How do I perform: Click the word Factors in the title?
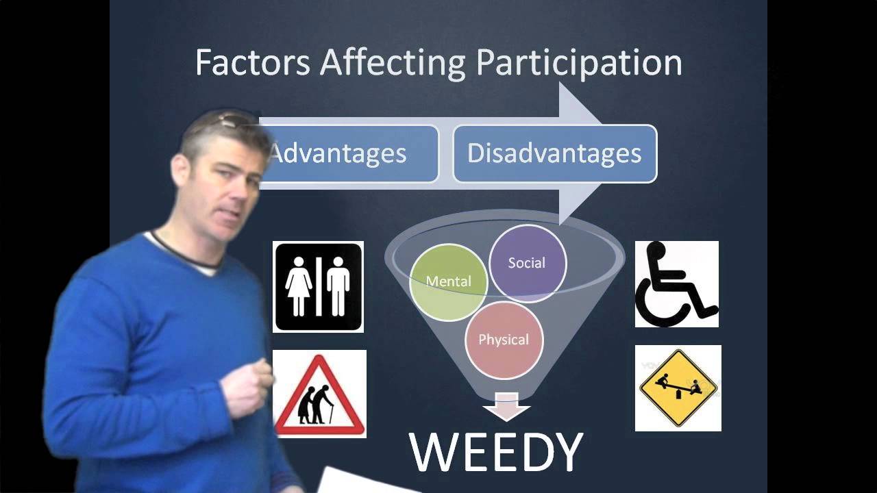coord(253,62)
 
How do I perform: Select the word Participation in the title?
coord(579,62)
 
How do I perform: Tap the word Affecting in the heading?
coord(393,62)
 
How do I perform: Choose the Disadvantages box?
coord(554,153)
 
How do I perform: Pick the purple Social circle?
coord(527,263)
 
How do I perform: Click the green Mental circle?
coord(448,281)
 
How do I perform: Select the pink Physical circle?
coord(504,340)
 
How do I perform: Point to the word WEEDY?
coord(497,451)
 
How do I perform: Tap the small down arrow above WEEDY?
coord(506,409)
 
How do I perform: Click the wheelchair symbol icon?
coord(677,284)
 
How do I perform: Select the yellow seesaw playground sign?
coord(678,388)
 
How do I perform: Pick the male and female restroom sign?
coord(319,287)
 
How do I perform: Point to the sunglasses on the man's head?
coord(229,122)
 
